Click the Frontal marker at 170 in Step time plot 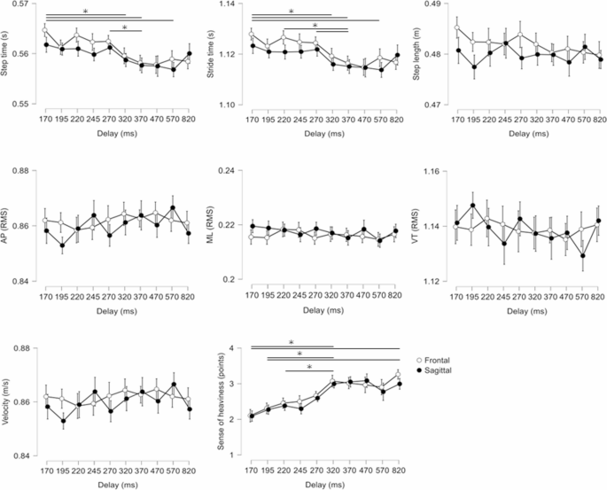click(x=44, y=30)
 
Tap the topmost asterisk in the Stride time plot click(x=292, y=12)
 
